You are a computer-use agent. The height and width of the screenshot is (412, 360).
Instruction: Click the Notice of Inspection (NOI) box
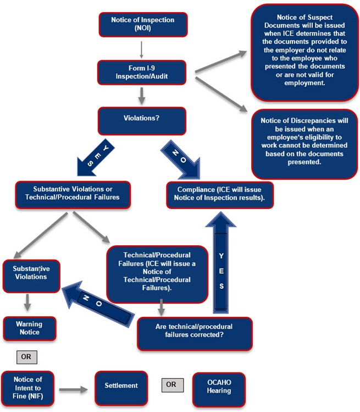click(142, 24)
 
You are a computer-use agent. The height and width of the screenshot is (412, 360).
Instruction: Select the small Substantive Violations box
click(31, 273)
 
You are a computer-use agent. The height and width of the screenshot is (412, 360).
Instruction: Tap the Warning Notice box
click(30, 328)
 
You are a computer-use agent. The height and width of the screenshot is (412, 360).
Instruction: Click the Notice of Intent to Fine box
click(28, 389)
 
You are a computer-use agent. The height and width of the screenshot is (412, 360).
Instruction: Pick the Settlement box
click(121, 389)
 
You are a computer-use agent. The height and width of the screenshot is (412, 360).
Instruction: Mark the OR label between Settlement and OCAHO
click(171, 384)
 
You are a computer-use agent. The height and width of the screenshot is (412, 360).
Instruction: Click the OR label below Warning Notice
click(26, 356)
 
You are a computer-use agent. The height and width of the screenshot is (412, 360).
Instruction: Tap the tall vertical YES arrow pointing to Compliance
click(220, 264)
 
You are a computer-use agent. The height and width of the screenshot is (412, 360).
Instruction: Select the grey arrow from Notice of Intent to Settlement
click(73, 390)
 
